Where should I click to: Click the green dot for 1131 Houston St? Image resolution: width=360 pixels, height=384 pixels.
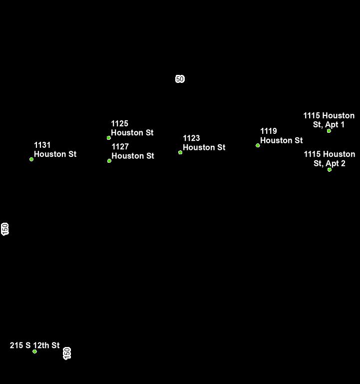(x=31, y=159)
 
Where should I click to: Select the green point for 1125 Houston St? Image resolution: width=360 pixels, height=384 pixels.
(x=109, y=138)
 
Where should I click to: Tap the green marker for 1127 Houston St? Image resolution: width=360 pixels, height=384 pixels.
(x=109, y=161)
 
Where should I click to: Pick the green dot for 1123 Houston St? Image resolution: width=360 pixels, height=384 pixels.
(x=180, y=152)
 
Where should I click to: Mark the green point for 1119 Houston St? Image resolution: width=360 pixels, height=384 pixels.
(x=258, y=145)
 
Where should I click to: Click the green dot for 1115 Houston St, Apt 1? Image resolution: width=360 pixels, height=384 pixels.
(x=329, y=131)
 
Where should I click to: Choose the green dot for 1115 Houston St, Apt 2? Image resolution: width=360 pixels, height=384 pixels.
(x=330, y=170)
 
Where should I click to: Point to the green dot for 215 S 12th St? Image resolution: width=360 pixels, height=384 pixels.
(x=34, y=352)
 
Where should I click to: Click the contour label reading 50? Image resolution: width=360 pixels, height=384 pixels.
(x=180, y=79)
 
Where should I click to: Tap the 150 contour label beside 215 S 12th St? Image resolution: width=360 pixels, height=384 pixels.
(x=67, y=353)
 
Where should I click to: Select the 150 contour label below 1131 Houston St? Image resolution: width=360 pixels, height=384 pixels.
(x=5, y=229)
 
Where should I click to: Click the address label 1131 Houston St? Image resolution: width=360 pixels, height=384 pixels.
(x=55, y=150)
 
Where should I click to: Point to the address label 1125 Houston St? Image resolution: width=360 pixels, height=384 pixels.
(x=132, y=128)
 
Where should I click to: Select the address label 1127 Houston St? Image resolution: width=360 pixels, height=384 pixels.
(x=132, y=151)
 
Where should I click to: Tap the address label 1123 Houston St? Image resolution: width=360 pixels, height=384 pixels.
(x=204, y=143)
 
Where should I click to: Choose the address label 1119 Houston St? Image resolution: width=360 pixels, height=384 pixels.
(x=281, y=136)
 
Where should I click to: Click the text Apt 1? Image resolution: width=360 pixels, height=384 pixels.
(x=335, y=125)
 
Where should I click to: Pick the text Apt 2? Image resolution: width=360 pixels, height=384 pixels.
(x=336, y=163)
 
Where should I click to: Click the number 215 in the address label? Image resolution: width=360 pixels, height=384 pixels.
(x=16, y=346)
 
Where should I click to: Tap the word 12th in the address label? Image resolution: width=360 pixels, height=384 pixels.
(x=41, y=346)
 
